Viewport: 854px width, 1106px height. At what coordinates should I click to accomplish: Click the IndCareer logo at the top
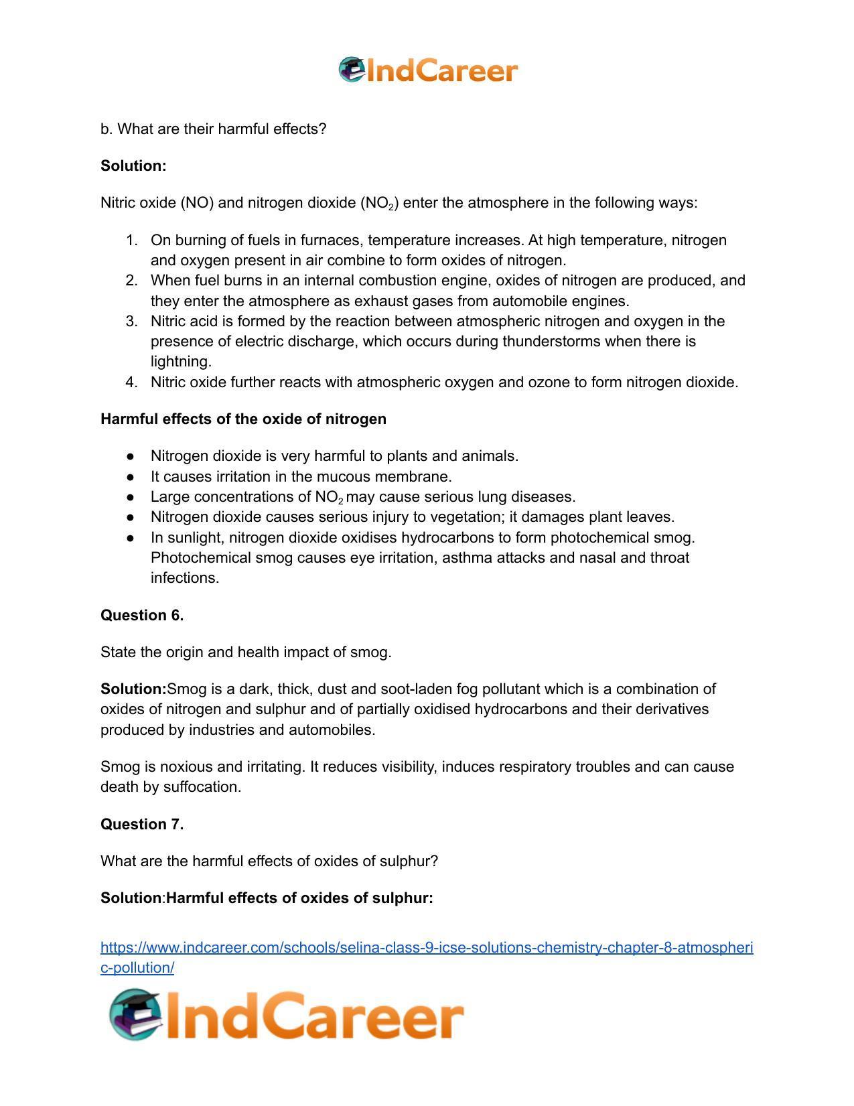click(428, 70)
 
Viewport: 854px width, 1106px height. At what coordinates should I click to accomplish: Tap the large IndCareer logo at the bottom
click(287, 1015)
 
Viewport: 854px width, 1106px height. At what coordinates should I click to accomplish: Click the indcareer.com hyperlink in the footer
click(427, 957)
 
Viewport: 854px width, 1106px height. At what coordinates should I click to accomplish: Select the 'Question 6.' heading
click(142, 615)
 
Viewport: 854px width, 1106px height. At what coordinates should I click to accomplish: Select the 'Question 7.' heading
click(142, 824)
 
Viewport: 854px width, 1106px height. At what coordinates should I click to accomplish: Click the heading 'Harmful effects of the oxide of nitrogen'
click(243, 419)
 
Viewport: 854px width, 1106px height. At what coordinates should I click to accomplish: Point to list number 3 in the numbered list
click(131, 322)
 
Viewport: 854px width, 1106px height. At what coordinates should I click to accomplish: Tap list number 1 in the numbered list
click(131, 240)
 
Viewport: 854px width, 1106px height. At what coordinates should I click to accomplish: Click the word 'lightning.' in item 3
click(181, 362)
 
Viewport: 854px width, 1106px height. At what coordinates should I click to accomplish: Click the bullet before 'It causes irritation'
click(131, 477)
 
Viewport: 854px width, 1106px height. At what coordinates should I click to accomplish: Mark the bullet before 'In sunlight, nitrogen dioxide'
click(131, 538)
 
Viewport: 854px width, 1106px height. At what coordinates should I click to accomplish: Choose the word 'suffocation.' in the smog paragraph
click(202, 787)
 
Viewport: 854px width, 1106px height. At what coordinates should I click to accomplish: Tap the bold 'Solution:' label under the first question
click(133, 165)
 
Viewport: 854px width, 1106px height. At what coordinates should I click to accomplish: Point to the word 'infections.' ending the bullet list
click(185, 578)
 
